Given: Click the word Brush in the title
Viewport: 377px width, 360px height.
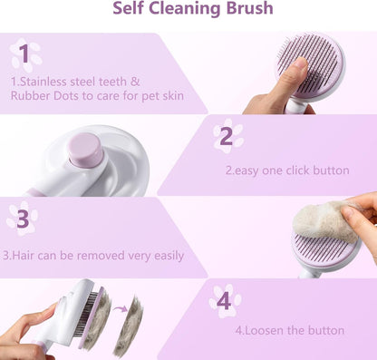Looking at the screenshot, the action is [249, 8].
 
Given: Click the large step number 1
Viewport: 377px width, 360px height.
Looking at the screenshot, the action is [25, 54].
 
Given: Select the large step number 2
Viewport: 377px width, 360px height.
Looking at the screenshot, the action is [227, 137].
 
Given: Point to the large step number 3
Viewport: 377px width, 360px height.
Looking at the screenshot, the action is [23, 219].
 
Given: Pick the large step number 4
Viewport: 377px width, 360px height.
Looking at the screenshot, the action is [224, 301].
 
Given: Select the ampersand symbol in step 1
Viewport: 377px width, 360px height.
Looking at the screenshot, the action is [135, 82].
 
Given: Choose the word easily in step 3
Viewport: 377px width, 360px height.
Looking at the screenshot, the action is [169, 257].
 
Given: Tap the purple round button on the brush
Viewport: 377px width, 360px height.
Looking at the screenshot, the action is [85, 149].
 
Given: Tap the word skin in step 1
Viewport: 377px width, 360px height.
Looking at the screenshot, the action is [173, 96].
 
